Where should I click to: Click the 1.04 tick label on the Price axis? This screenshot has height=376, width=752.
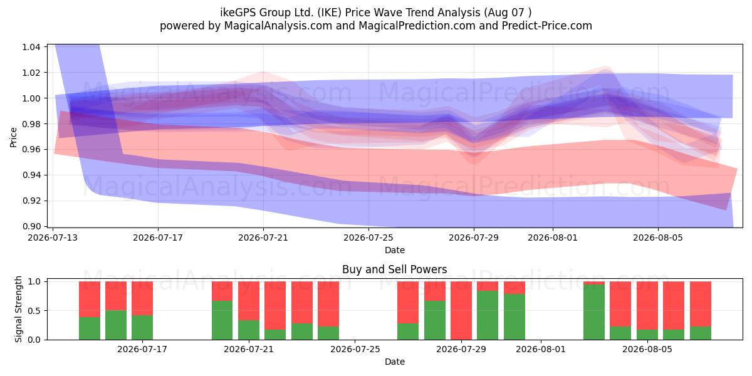[x=31, y=47]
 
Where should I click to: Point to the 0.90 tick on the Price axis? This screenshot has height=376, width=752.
[x=31, y=226]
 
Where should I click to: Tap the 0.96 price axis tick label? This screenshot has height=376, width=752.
[x=31, y=149]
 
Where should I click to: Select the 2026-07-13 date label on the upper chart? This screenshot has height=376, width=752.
[x=53, y=238]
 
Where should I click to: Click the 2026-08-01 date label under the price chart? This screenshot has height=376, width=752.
[x=553, y=238]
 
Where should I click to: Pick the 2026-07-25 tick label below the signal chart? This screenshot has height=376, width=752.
[x=355, y=349]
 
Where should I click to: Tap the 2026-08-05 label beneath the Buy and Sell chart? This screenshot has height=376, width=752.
[x=647, y=349]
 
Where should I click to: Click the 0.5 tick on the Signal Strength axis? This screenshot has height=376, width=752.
[x=34, y=311]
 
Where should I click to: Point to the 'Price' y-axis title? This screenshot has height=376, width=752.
[x=13, y=138]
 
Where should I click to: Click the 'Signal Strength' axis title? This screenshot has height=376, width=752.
[x=18, y=309]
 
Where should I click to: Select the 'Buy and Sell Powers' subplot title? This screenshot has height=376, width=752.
[x=394, y=269]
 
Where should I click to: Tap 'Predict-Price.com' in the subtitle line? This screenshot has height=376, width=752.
[x=547, y=26]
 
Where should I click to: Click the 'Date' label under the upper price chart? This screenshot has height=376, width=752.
[x=394, y=250]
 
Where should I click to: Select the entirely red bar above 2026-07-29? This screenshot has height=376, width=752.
[x=461, y=311]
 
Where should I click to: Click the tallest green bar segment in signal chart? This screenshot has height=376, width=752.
[x=594, y=312]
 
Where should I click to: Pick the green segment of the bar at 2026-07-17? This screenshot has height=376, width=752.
[x=142, y=327]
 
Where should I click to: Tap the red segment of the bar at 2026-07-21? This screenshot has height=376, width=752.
[x=249, y=301]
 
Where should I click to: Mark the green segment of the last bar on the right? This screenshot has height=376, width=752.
[x=701, y=333]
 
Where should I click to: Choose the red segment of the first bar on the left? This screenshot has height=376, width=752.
[x=89, y=299]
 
